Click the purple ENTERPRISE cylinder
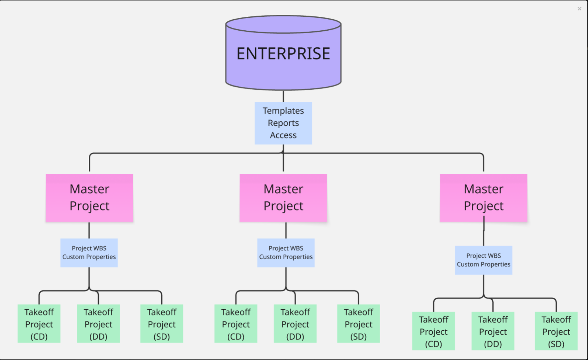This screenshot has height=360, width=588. tap(283, 54)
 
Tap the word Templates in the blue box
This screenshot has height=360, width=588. tap(283, 111)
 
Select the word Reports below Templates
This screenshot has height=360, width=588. tap(283, 123)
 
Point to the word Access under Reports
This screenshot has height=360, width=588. tap(283, 135)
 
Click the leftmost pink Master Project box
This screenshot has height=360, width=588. tap(89, 198)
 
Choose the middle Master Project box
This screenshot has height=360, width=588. tap(283, 198)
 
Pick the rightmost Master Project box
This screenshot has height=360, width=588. tap(483, 198)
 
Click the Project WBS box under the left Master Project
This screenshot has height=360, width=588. tap(89, 253)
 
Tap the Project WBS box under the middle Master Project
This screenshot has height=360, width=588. tap(286, 253)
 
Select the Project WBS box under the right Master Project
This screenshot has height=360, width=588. tap(483, 260)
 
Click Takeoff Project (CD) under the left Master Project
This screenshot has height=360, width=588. tap(39, 324)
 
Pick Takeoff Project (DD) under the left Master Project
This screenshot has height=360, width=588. tap(99, 324)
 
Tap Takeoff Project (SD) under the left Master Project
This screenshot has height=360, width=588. tap(162, 324)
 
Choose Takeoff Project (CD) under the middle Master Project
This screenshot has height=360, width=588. tap(236, 324)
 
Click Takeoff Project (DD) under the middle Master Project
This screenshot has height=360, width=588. tap(295, 324)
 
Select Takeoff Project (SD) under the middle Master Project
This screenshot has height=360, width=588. tap(358, 324)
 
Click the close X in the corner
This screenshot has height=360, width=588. tap(579, 9)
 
